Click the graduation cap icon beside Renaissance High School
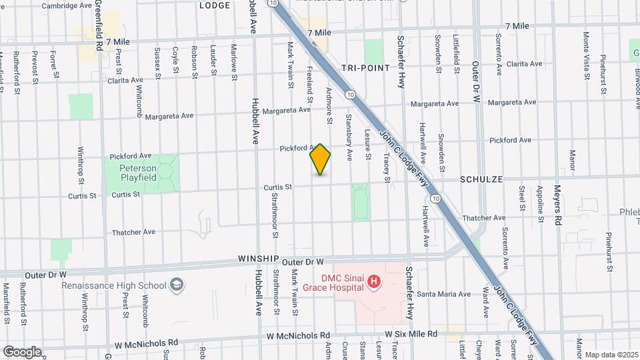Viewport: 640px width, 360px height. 177,285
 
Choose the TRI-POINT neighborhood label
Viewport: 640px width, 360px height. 364,68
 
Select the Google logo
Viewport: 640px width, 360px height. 22,352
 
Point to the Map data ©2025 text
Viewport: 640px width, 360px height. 610,355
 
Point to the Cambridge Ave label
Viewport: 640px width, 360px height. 67,5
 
